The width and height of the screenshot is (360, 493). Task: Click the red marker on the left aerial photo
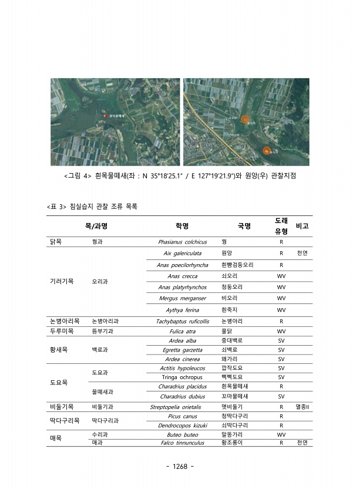tap(106, 116)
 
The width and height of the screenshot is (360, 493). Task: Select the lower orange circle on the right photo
tap(267, 151)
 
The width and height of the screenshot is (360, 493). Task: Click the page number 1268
tap(180, 467)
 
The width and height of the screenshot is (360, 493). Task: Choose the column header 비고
tap(302, 226)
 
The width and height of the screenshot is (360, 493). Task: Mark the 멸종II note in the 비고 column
tap(302, 406)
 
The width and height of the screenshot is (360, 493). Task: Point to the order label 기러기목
tap(62, 281)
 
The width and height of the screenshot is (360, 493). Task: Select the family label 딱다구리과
tap(106, 420)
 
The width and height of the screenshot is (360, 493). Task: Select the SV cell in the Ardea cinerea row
tap(281, 359)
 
